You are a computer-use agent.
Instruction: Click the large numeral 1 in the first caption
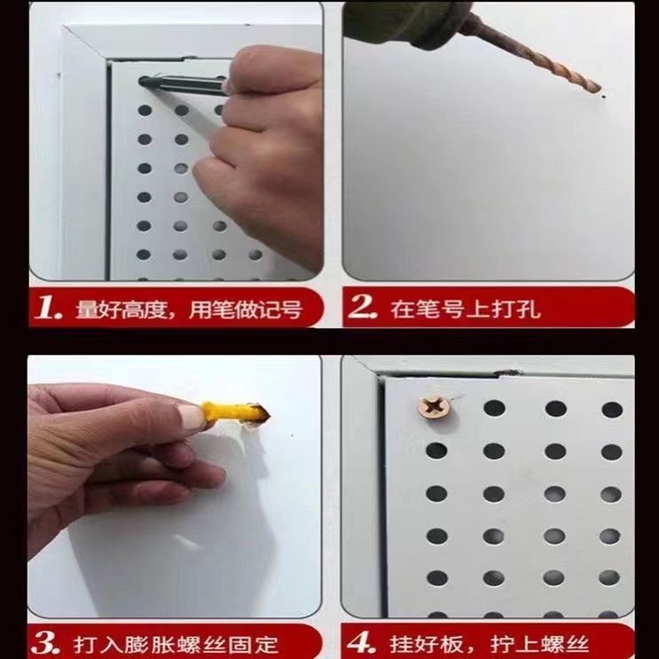pos(49,307)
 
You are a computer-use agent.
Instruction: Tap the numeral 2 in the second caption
pos(363,306)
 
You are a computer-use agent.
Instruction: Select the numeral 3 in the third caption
pos(45,643)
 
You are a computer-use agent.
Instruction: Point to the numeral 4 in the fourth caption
pos(362,642)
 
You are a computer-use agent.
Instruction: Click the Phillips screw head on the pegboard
pos(435,407)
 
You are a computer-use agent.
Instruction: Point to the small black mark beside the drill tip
pos(604,97)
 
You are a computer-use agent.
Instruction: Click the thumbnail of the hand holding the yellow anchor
pos(190,415)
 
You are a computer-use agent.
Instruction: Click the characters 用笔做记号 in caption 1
pos(246,310)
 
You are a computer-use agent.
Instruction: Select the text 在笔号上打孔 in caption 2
pos(465,310)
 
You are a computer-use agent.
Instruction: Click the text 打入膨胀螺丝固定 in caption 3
pos(176,644)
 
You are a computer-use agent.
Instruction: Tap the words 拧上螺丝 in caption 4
pos(539,643)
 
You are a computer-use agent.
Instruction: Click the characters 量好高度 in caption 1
pos(122,310)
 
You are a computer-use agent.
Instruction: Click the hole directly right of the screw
pos(494,408)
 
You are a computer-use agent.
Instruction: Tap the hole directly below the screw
pos(436,451)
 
